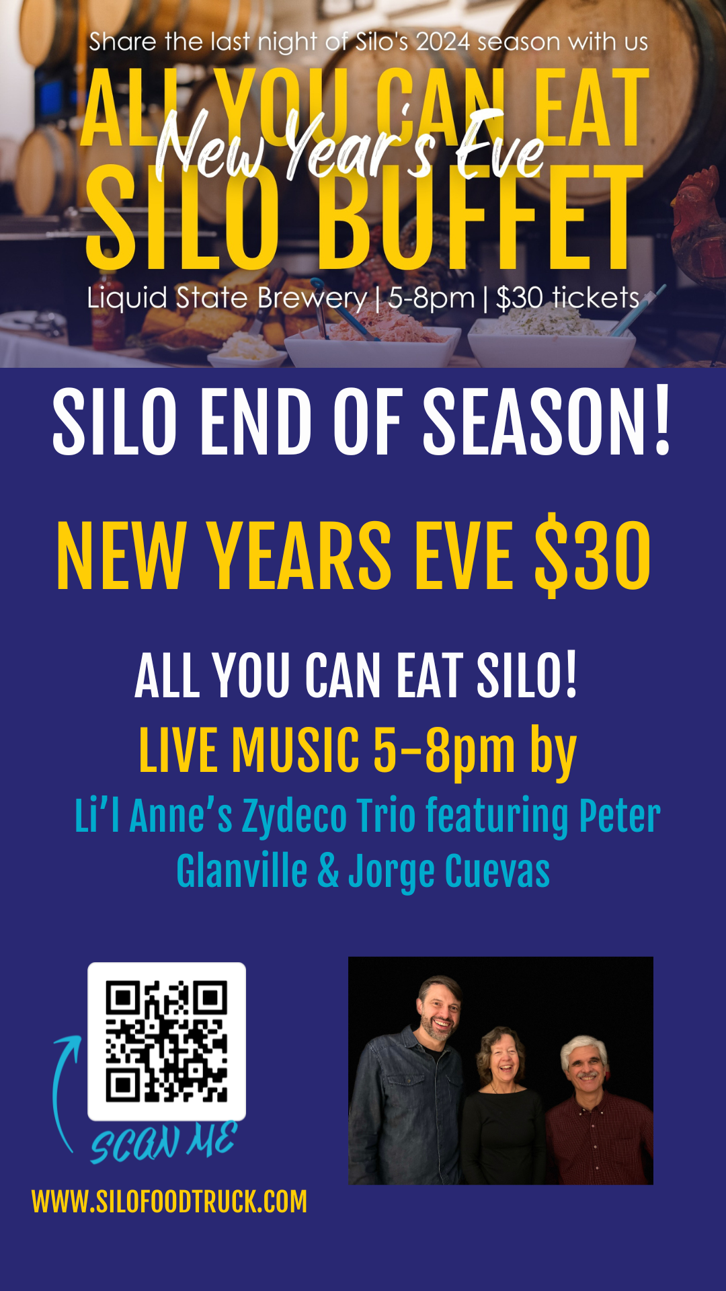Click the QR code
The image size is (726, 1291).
pos(167,1041)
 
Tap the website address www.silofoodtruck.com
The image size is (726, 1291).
pos(169,1202)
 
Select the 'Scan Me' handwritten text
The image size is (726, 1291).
pos(164,1142)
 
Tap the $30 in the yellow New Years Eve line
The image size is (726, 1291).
pos(592,556)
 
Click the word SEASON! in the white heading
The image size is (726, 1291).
pos(547,422)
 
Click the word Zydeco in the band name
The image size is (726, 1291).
pos(294,816)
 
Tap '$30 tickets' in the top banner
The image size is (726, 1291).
pos(568,297)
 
